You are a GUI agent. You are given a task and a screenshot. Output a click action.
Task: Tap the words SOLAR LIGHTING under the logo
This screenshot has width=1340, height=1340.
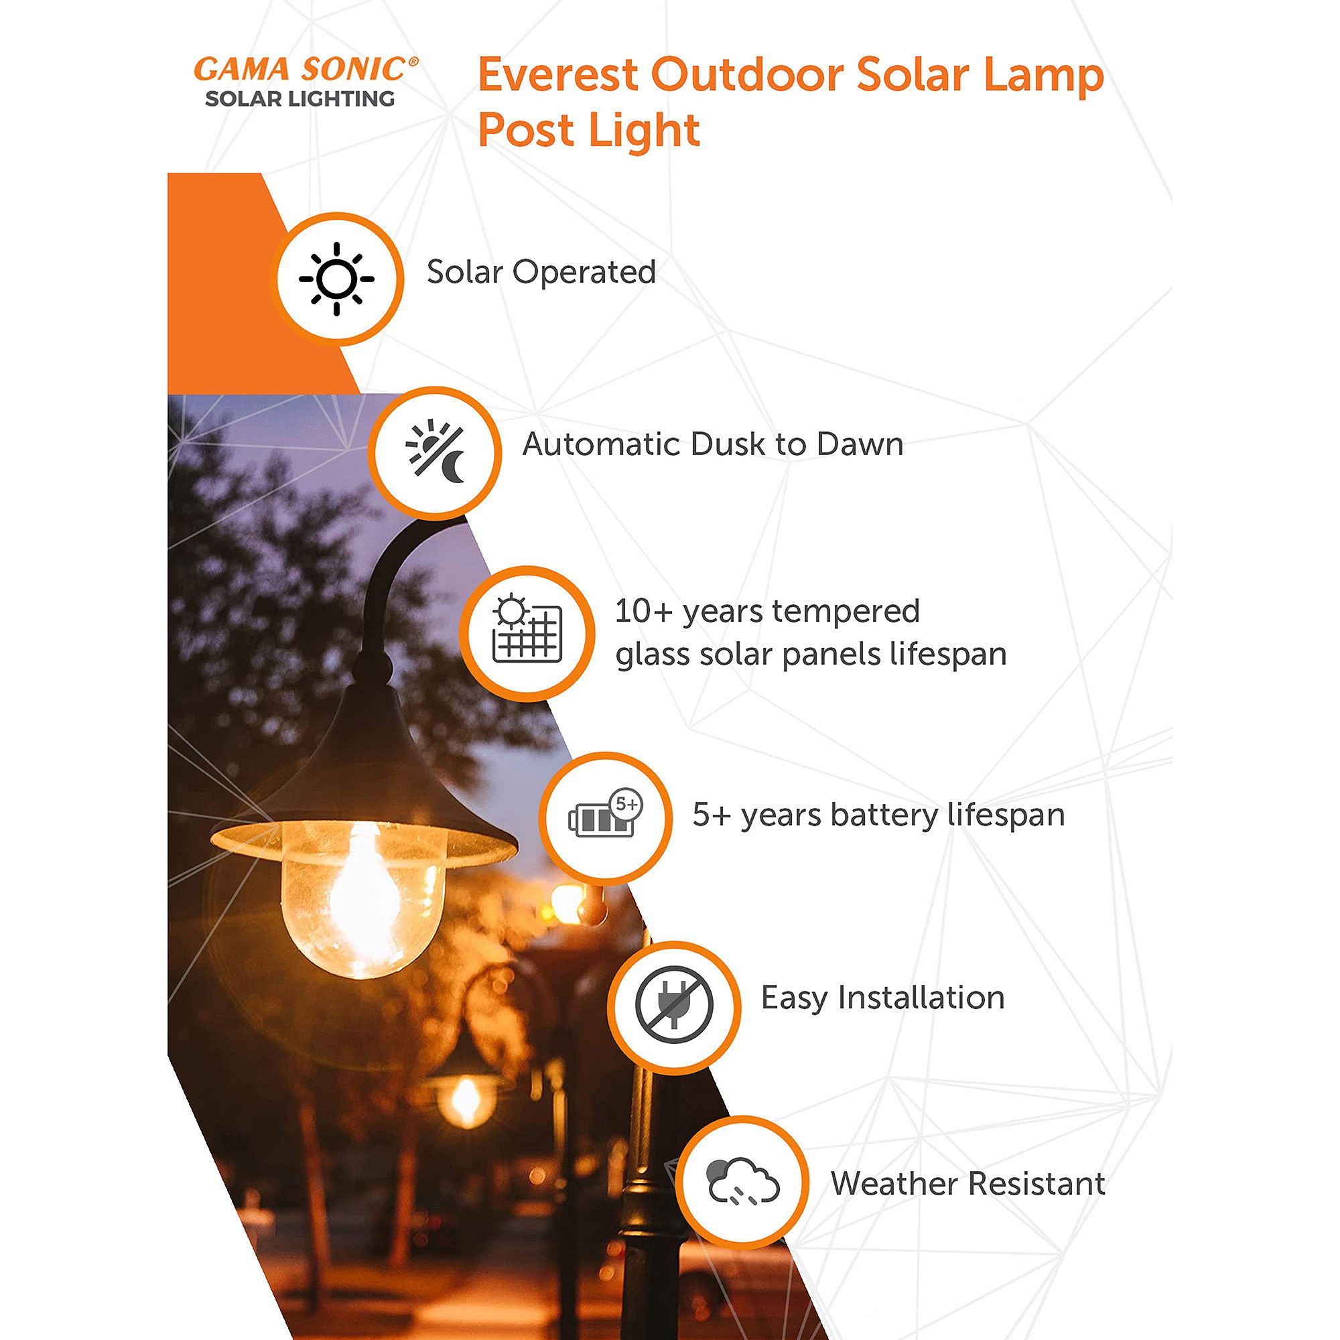point(299,99)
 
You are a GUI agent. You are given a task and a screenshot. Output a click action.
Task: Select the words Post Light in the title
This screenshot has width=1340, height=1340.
point(589,131)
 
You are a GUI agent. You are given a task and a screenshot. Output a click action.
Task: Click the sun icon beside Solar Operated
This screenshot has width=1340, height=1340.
point(336,279)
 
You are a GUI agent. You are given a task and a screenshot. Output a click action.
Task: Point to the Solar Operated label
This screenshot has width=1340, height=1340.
point(541,272)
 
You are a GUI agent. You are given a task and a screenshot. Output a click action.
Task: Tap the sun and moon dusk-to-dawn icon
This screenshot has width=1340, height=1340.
point(435,452)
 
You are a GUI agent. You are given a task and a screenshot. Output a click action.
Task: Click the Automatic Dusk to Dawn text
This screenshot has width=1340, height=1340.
point(713,445)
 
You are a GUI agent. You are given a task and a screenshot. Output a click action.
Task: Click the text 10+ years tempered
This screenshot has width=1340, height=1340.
point(767,612)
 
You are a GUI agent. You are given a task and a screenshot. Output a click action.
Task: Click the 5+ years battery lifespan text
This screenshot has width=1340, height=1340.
point(878,815)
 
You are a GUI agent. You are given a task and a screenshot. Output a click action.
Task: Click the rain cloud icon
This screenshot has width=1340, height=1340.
point(743,1182)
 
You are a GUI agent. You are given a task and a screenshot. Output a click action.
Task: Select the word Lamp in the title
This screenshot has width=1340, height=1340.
point(1043,75)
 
